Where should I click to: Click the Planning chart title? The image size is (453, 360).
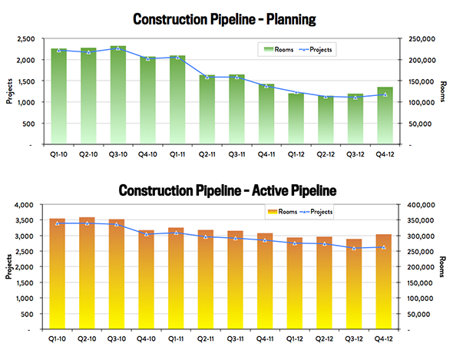[224, 20]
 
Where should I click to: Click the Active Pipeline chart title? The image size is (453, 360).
[228, 190]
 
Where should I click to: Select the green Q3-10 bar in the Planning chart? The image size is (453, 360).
[118, 94]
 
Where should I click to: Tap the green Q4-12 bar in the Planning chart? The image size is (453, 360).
[385, 115]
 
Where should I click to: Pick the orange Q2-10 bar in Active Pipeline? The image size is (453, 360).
[87, 273]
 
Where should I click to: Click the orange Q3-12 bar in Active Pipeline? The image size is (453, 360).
[354, 284]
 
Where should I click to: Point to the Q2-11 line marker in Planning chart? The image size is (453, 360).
[207, 77]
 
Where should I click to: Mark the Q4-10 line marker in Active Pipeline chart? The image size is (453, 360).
[146, 234]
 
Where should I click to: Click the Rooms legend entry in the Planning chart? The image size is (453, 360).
[279, 50]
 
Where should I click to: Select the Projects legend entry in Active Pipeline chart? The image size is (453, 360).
[316, 212]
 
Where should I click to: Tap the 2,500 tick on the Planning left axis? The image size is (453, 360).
[26, 39]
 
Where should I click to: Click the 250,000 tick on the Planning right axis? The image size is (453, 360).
[422, 39]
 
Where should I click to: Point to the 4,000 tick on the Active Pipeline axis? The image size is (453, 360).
[25, 205]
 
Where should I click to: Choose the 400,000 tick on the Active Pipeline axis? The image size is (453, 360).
[421, 205]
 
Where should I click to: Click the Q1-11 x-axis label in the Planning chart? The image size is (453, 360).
[177, 154]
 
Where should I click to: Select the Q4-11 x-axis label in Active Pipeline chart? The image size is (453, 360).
[265, 339]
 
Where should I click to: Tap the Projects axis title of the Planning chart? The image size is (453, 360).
[9, 91]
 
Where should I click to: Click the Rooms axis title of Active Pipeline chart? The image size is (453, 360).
[441, 266]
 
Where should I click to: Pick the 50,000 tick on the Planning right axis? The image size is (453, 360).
[420, 124]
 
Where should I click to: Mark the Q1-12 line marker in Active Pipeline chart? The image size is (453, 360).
[295, 243]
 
